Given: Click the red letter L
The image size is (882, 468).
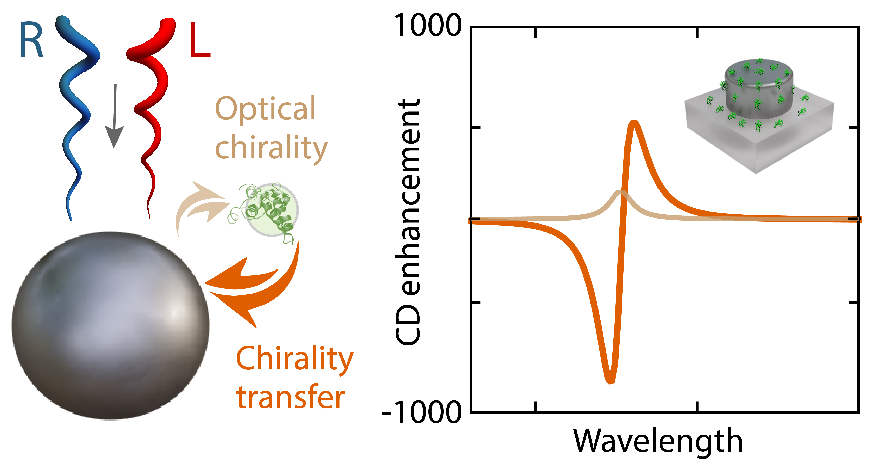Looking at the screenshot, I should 199,40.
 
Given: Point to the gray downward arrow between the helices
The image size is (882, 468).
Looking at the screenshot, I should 114,117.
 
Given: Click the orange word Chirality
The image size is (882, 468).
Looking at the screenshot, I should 294,359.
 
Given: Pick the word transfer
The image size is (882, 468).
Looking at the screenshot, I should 290,397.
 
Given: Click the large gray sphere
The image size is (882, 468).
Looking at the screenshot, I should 110,325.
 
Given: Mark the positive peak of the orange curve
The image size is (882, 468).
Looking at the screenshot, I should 634,123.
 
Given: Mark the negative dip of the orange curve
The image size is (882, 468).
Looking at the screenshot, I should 610,380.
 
